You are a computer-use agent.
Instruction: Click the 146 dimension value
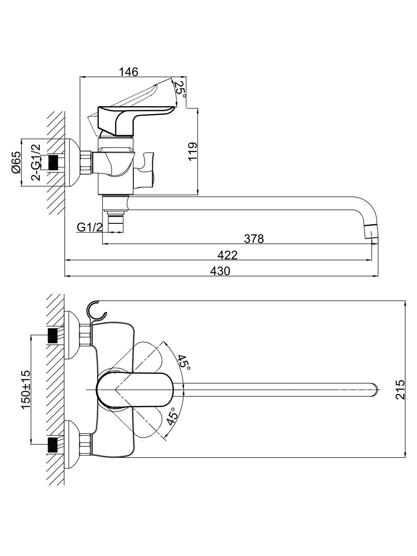pyautogui.click(x=129, y=72)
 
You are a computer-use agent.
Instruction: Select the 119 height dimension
pyautogui.click(x=193, y=151)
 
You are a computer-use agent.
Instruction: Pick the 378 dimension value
pyautogui.click(x=254, y=239)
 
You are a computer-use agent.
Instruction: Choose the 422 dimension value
pyautogui.click(x=227, y=255)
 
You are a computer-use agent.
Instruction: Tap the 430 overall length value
pyautogui.click(x=220, y=271)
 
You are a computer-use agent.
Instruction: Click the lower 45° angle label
pyautogui.click(x=172, y=419)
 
